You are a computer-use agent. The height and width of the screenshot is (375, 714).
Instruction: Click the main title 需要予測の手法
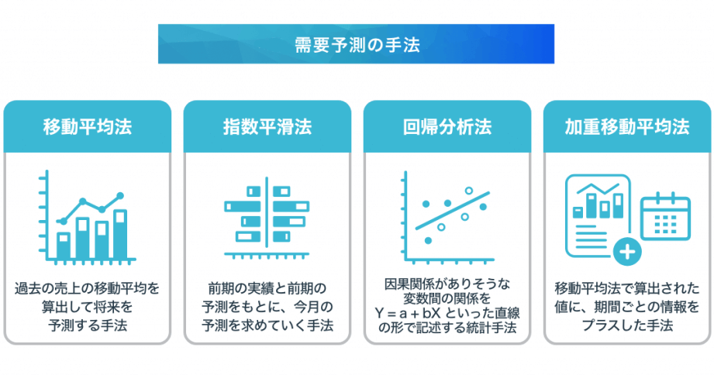(x=357, y=45)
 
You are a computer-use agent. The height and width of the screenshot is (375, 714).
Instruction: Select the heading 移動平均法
(x=88, y=127)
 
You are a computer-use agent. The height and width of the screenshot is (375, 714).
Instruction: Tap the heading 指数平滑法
(x=267, y=127)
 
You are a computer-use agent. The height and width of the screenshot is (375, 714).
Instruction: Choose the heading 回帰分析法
(x=447, y=127)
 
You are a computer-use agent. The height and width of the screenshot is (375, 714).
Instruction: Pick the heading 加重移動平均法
(x=627, y=127)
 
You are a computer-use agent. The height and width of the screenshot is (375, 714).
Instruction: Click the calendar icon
(x=665, y=217)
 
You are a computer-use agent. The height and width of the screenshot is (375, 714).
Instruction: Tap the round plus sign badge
(x=627, y=252)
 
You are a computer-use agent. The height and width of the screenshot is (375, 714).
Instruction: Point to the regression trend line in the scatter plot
(x=452, y=210)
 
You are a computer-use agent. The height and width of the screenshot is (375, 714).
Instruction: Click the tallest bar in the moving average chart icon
(x=119, y=235)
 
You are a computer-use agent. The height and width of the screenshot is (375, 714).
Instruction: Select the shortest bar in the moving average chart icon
(x=64, y=246)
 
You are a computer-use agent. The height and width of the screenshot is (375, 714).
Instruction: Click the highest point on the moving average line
(x=120, y=196)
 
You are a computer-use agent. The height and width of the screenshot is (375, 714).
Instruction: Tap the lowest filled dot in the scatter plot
(x=428, y=240)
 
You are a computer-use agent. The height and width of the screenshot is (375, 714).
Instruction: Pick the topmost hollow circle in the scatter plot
(x=468, y=191)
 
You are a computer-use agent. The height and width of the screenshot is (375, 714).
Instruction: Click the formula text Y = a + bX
(x=408, y=314)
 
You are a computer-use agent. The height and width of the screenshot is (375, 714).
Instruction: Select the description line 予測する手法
(x=88, y=325)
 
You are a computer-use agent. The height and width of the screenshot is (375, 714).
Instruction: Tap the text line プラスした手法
(x=627, y=325)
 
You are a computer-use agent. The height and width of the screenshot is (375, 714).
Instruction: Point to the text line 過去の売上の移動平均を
(x=88, y=288)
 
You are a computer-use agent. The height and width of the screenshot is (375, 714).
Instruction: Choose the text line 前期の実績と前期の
(x=267, y=288)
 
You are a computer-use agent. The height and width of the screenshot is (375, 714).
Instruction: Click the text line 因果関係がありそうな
(x=447, y=284)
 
